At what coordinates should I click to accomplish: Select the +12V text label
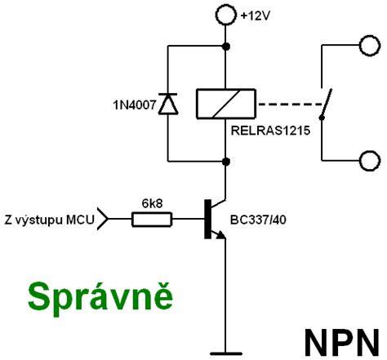coord(255,16)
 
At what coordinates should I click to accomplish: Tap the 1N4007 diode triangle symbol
coord(168,104)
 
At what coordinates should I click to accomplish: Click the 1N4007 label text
coord(135,105)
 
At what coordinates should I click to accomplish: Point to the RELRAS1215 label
coord(270,131)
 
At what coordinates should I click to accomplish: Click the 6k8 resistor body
coord(152,220)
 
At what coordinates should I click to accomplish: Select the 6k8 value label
coord(152,203)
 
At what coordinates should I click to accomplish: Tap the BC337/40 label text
coord(258,220)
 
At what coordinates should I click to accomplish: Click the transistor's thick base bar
coord(207,219)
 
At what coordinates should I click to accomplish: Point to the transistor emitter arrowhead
coord(220,234)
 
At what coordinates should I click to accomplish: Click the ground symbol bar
coord(226,353)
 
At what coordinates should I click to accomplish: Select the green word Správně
coord(100,298)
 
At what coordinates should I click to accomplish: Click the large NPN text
coord(342,343)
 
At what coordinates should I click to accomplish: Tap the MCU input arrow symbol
coord(103,219)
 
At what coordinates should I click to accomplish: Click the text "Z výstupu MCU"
coord(49,220)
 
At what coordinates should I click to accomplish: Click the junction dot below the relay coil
coord(226,162)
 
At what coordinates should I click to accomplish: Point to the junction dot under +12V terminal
coord(226,47)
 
